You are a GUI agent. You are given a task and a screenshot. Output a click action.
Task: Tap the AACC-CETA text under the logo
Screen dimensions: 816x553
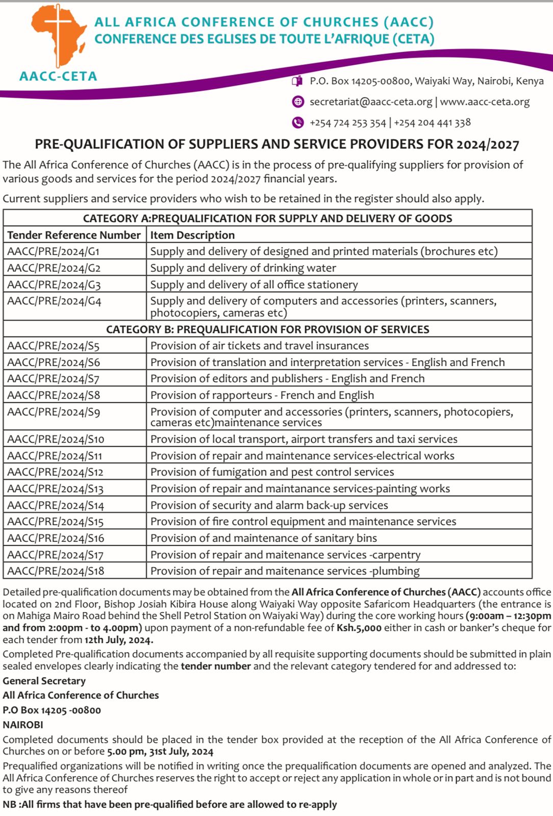[x=58, y=76]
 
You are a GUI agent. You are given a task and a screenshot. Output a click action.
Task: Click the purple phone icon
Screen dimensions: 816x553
[x=297, y=122]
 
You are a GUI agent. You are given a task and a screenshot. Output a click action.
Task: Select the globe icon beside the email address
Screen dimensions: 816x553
[x=297, y=101]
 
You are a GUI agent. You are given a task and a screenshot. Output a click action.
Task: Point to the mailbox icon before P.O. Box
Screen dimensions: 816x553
[x=297, y=81]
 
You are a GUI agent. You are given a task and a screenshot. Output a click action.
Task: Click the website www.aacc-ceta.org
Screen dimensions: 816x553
[x=485, y=101]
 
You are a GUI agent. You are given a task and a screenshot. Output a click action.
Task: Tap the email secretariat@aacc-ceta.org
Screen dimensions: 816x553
[x=371, y=101]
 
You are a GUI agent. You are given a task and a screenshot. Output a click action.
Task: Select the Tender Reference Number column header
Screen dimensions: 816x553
[x=74, y=235]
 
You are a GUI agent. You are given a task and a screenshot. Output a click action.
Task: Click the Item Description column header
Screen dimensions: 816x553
[x=192, y=235]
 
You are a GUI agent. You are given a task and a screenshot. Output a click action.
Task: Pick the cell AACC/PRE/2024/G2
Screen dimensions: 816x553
[x=54, y=268]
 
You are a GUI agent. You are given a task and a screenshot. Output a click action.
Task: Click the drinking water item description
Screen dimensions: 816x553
[x=243, y=268]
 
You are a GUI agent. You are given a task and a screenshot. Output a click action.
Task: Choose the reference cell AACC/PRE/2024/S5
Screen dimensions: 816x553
[x=54, y=346]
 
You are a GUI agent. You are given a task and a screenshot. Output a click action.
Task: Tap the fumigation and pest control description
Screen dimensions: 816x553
[x=272, y=472]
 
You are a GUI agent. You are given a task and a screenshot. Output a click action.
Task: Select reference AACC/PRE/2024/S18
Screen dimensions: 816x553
[x=56, y=571]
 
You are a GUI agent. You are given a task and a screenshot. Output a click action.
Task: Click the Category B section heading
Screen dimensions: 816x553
[x=267, y=329]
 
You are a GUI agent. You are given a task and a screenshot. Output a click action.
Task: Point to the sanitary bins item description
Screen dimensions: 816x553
[x=263, y=538]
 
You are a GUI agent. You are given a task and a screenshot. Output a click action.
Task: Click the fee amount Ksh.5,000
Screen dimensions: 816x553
[x=359, y=628]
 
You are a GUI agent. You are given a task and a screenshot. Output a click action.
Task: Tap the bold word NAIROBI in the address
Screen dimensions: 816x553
[x=23, y=724]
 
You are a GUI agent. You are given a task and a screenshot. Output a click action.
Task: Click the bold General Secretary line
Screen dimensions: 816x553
[x=44, y=681]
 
